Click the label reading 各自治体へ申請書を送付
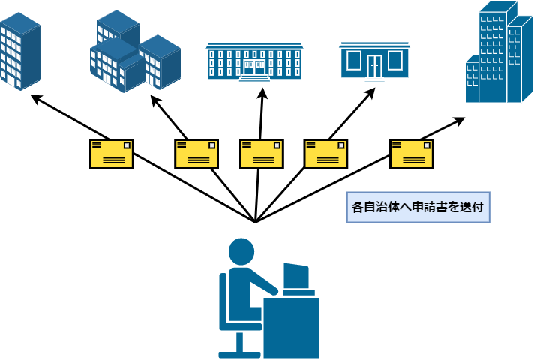(418, 207)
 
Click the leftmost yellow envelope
(111, 154)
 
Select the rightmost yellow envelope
(411, 154)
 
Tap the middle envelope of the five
(261, 154)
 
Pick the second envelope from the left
(196, 154)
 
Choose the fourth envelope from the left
(325, 154)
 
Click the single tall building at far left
(19, 51)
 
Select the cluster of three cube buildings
(135, 52)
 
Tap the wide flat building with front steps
(254, 62)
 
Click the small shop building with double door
(374, 61)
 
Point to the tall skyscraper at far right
(496, 52)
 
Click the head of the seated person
(241, 251)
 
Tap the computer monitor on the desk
(296, 277)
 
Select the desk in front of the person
(291, 326)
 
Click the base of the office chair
(239, 352)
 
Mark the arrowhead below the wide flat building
(262, 92)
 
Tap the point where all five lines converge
(256, 222)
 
